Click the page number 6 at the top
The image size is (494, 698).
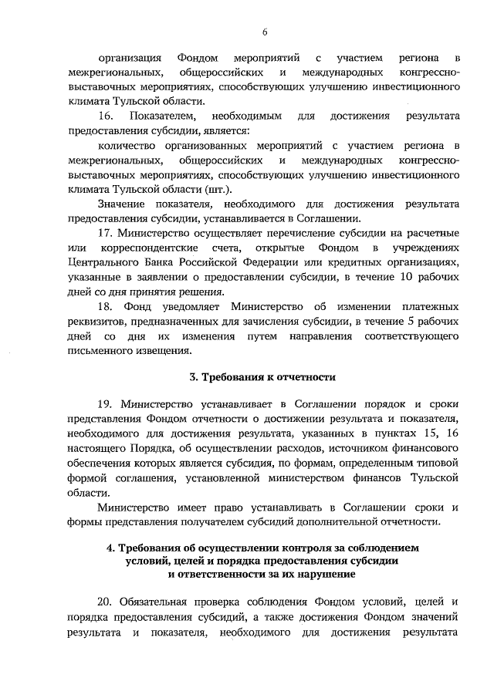pyautogui.click(x=264, y=32)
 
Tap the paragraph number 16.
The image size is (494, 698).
pyautogui.click(x=106, y=116)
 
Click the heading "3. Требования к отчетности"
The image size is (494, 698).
pyautogui.click(x=263, y=377)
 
